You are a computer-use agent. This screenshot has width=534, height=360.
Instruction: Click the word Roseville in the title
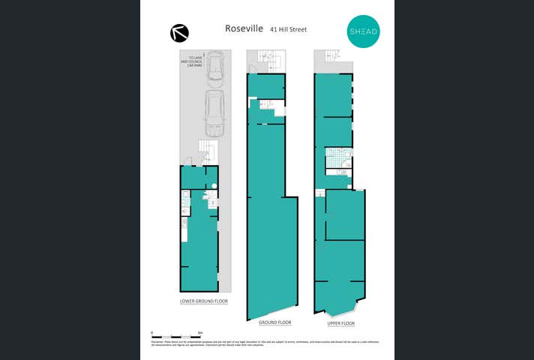[244, 28]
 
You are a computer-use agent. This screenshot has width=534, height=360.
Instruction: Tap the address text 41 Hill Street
[289, 30]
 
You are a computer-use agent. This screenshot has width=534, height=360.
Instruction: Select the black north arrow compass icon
[180, 32]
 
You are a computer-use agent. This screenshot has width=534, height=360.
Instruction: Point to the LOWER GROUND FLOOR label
[203, 301]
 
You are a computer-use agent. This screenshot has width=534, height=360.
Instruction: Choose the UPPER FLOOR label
[340, 323]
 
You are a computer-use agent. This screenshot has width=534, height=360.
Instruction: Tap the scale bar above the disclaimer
[177, 334]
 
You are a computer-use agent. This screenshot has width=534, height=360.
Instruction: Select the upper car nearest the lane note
[215, 66]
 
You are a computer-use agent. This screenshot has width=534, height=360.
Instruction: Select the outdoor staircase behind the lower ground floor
[205, 152]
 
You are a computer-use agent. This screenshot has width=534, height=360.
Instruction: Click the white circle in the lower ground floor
[214, 186]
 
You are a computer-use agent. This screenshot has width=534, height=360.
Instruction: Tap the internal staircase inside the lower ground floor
[211, 201]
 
